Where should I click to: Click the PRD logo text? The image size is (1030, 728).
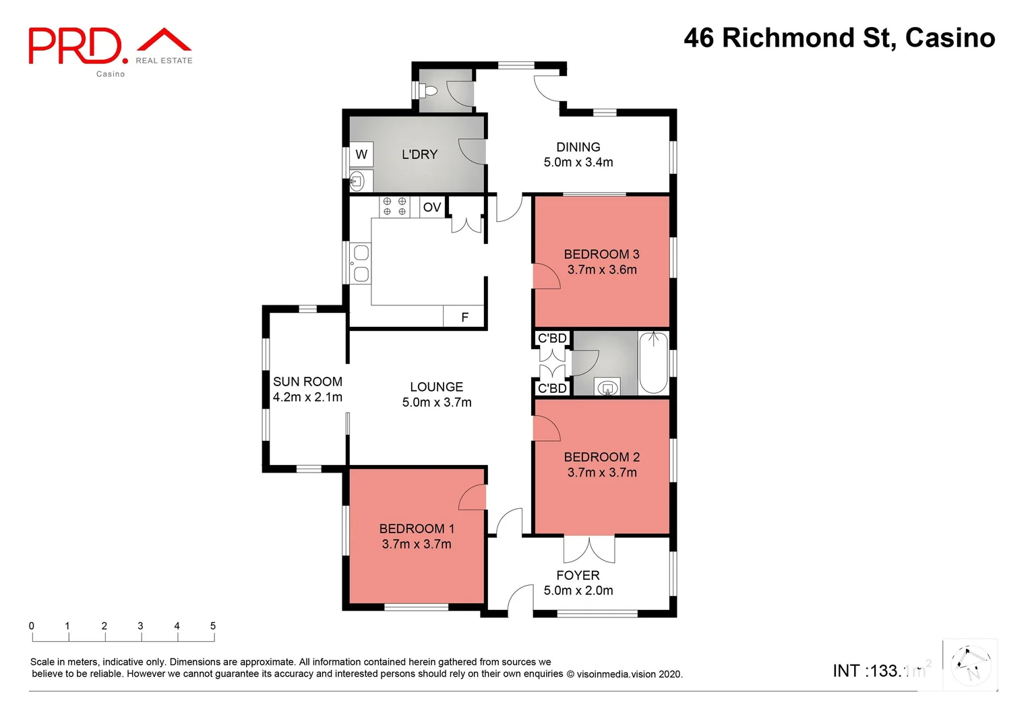click(75, 46)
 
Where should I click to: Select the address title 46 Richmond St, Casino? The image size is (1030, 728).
click(839, 38)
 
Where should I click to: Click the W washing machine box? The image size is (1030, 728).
click(361, 154)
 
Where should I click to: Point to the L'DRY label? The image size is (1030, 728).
click(419, 154)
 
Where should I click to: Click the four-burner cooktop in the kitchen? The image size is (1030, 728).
click(394, 206)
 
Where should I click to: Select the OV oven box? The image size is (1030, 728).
click(431, 207)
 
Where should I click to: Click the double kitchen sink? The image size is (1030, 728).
click(361, 263)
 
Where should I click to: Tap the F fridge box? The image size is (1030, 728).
click(464, 317)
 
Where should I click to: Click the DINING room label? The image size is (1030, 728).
click(578, 147)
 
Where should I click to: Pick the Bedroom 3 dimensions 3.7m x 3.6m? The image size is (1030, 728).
click(601, 270)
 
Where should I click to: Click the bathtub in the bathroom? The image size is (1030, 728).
click(653, 363)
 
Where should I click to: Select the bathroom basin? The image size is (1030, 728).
click(607, 388)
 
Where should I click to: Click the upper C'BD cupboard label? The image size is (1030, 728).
click(552, 338)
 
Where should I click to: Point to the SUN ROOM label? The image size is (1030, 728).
click(307, 382)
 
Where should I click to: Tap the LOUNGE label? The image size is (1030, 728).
click(436, 387)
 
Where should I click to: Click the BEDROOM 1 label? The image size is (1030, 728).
click(417, 528)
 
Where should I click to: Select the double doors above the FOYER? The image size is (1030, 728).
click(589, 549)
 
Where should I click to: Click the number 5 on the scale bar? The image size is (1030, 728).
click(213, 626)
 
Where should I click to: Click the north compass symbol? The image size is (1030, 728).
click(970, 665)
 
